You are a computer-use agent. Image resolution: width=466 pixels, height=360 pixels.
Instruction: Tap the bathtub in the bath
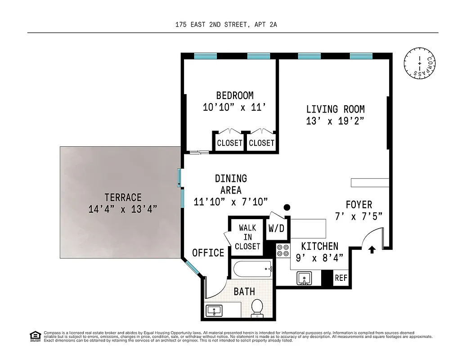tap(252, 270)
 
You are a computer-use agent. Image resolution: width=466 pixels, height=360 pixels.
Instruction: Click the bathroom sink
tap(214, 310)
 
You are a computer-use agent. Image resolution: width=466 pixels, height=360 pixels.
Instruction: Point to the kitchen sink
tap(305, 278)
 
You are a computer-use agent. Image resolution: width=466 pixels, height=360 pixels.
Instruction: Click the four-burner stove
tap(283, 250)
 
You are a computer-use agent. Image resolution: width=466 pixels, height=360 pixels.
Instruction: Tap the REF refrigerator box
tap(341, 278)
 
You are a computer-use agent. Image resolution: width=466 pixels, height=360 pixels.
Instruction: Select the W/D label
tap(276, 228)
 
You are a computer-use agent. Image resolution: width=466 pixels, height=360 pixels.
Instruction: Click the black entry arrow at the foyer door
tap(372, 249)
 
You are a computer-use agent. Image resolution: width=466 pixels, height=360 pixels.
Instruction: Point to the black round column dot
tap(287, 207)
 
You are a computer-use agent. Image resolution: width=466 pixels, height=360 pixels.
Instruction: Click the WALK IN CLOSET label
tap(247, 237)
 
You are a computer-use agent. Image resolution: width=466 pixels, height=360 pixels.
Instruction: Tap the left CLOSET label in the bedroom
tap(230, 143)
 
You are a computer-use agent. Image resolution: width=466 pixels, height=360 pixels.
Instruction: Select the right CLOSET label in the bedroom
tap(261, 143)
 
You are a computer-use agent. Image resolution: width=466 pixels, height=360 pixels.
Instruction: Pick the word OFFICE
tap(208, 253)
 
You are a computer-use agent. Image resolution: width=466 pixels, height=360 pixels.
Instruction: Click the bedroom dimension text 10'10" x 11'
tap(234, 108)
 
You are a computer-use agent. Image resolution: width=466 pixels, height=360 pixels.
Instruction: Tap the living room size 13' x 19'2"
tap(335, 121)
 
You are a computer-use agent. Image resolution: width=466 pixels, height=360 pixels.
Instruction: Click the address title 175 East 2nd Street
tap(226, 25)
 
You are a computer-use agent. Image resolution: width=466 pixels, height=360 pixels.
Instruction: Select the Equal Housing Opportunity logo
tap(34, 336)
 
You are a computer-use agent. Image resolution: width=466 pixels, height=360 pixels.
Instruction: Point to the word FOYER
tap(358, 205)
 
